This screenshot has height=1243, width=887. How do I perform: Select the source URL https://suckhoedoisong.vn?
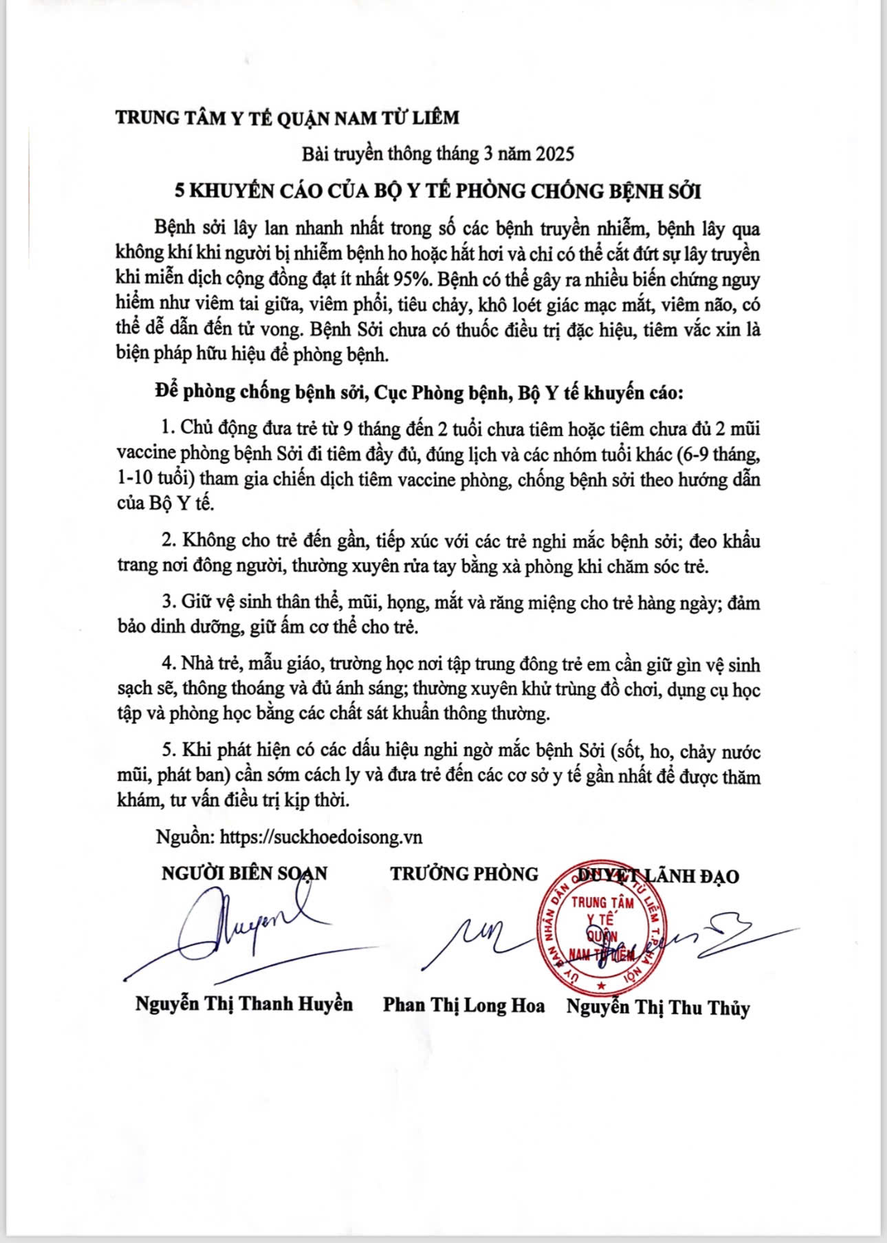(x=320, y=837)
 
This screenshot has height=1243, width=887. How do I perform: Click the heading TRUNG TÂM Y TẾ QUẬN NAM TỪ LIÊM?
(x=287, y=118)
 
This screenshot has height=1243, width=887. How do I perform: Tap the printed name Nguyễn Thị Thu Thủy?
(x=658, y=1008)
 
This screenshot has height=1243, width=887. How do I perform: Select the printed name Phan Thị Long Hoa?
(x=463, y=1006)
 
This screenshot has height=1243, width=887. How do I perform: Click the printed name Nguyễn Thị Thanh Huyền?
(x=244, y=1004)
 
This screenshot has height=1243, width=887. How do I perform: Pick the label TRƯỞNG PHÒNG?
(x=464, y=874)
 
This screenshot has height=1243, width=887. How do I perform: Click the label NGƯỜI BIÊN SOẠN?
(x=244, y=874)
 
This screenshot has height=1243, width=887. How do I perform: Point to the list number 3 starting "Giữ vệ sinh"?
(x=167, y=603)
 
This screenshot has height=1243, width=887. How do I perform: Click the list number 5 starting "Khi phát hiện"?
(x=167, y=751)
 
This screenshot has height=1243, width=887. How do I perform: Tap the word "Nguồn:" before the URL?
(x=185, y=837)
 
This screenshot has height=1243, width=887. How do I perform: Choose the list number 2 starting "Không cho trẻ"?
(x=167, y=541)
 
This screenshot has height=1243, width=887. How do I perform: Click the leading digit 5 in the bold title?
(x=179, y=191)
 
